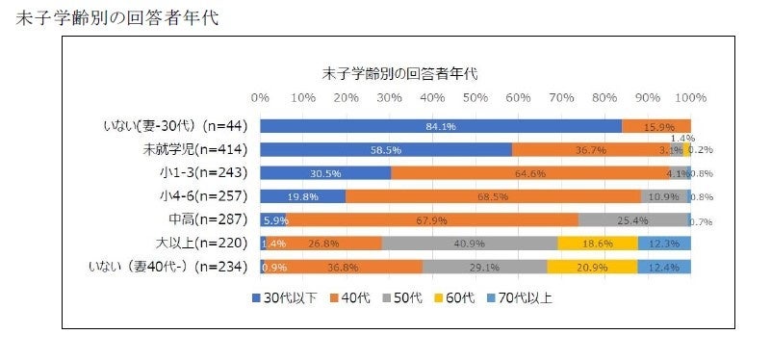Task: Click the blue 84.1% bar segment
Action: coord(440,126)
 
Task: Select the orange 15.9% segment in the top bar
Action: coord(656,126)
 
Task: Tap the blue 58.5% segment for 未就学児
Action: coord(385,149)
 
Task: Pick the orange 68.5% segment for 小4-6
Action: coord(493,196)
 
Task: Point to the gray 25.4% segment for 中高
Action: coord(633,219)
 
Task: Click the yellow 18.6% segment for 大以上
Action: coord(597,243)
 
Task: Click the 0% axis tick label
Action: coord(260,97)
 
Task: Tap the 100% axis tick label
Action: coord(689,97)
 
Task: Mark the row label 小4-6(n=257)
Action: coord(205,196)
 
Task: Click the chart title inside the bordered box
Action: coord(398,72)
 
